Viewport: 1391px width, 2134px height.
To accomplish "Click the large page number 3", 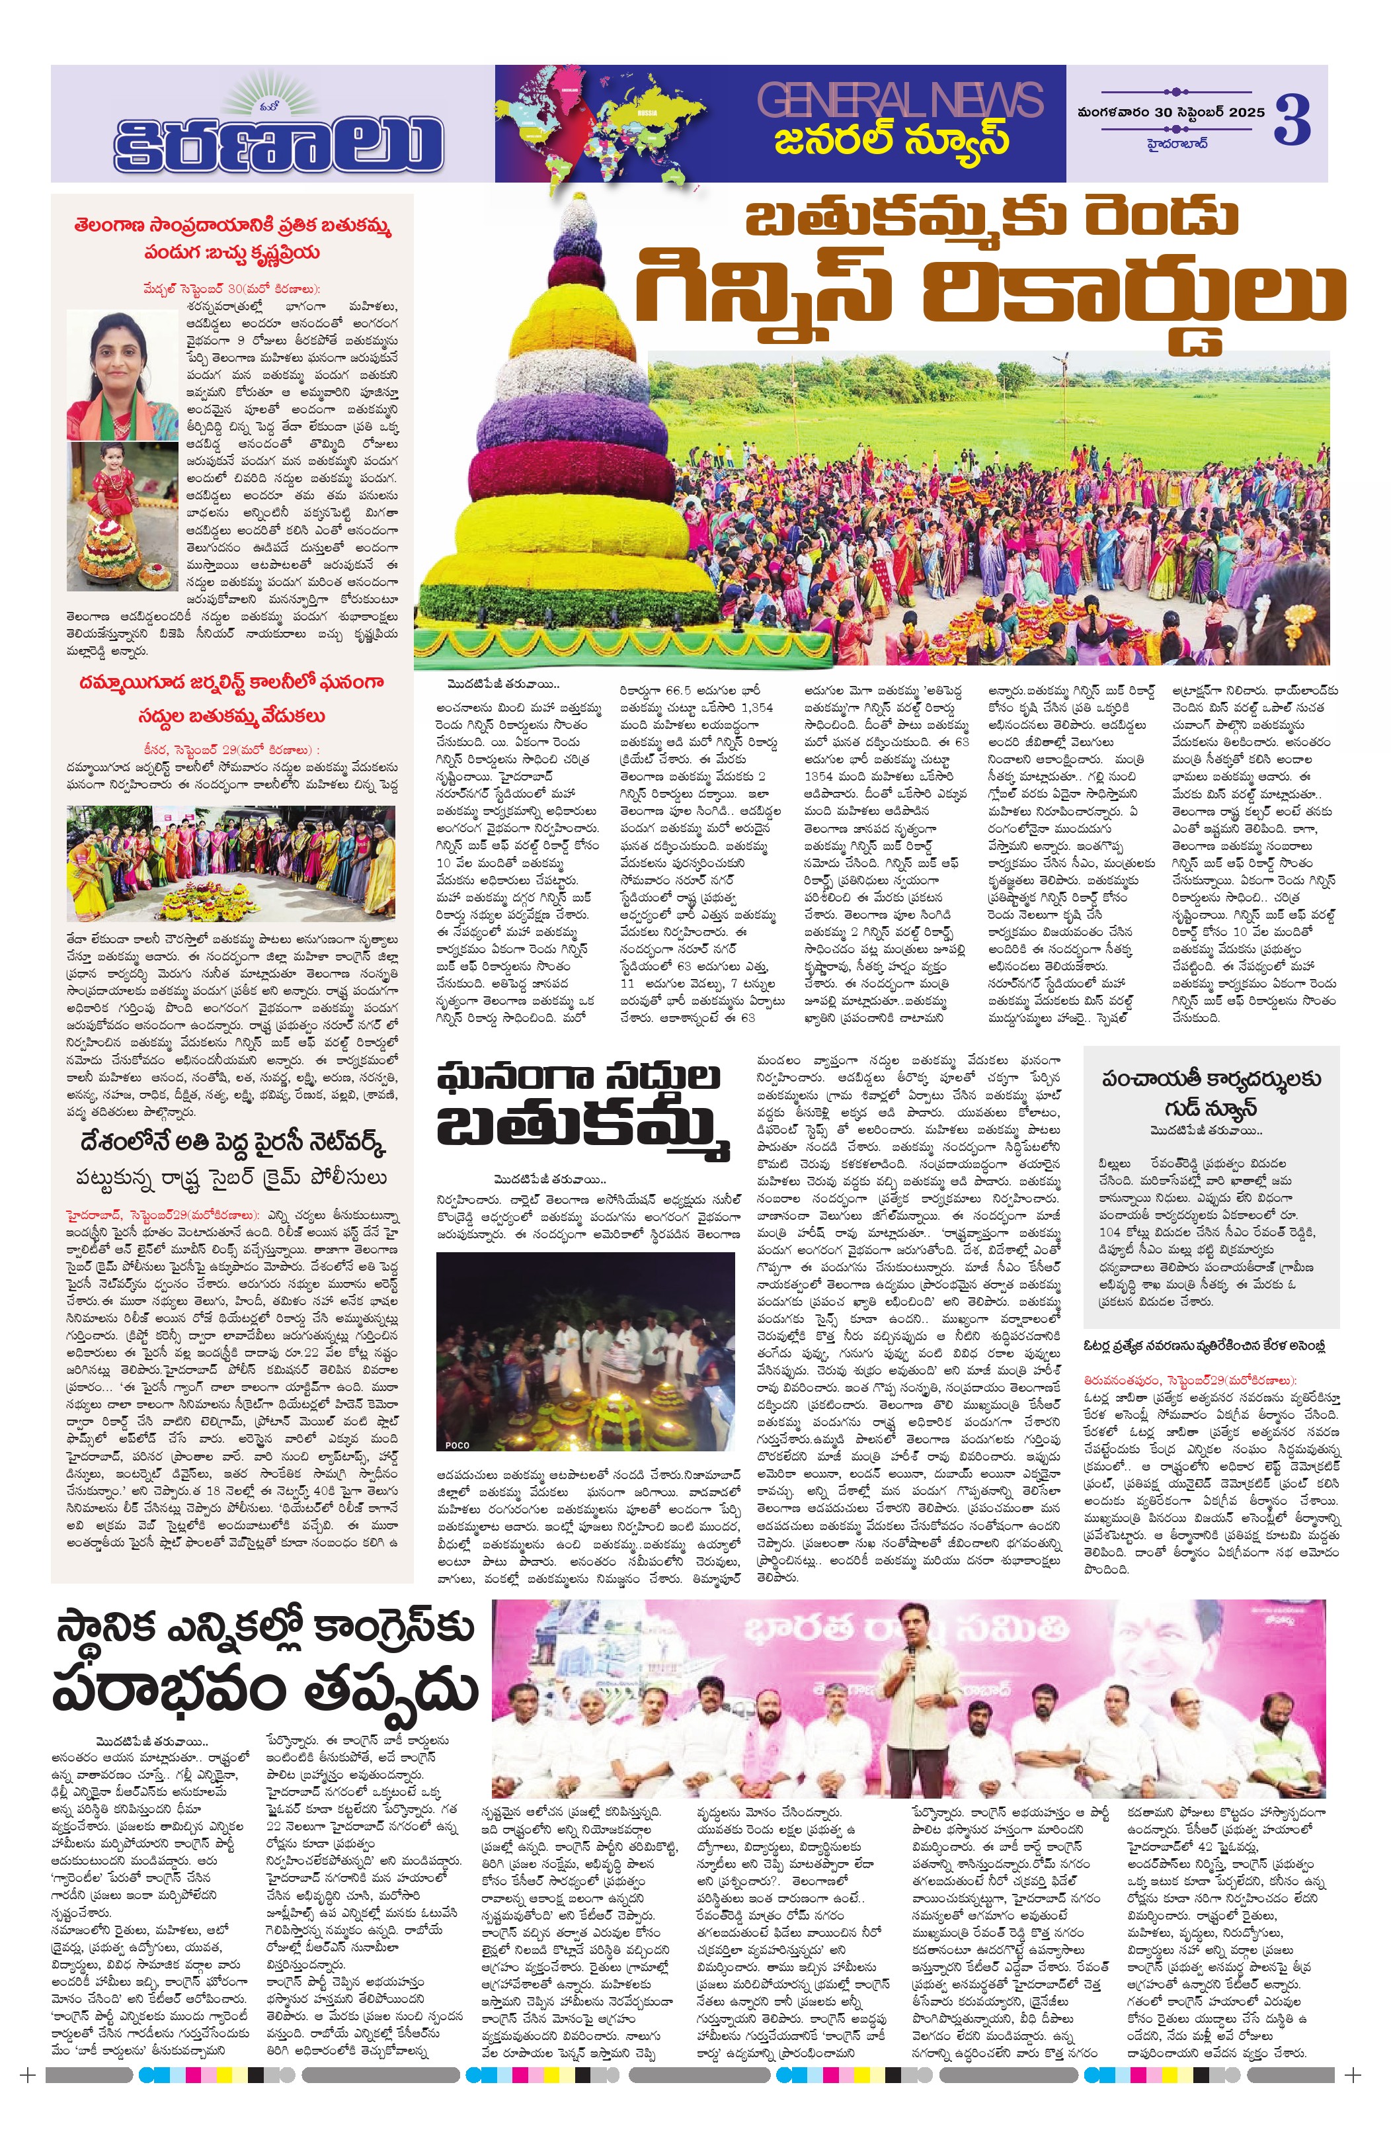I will click(1292, 119).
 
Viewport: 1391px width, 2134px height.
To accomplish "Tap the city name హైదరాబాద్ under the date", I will click(1177, 143).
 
